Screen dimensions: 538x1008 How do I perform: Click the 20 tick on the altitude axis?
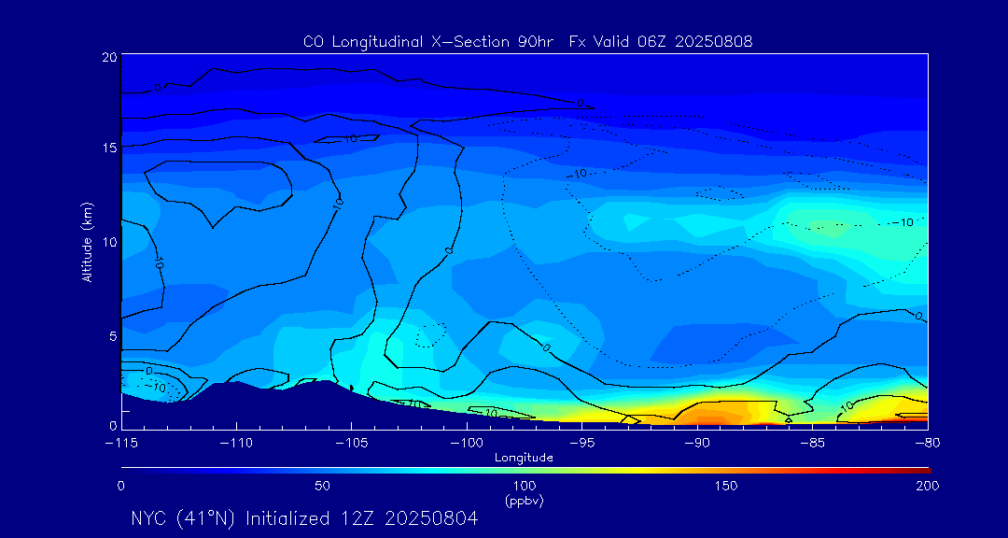coord(108,58)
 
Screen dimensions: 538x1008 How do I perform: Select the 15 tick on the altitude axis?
coord(108,148)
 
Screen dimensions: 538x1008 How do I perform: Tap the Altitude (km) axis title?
coord(88,242)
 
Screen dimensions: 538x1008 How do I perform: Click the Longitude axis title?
coord(524,458)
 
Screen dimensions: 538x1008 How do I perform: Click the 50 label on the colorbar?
coord(322,487)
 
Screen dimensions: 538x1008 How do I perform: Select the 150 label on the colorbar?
coord(726,487)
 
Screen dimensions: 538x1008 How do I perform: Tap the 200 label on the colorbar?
coord(927,487)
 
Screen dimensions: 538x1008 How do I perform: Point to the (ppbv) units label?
coord(524,501)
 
